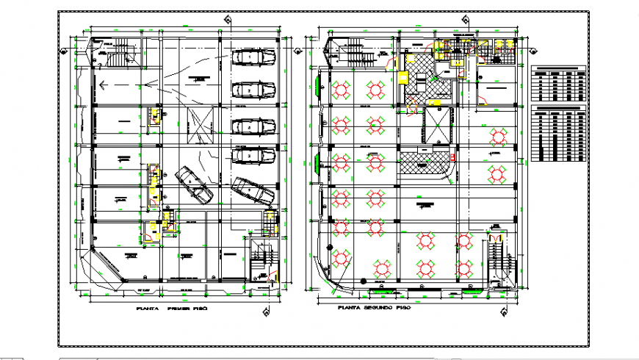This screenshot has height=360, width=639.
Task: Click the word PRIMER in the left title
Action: pos(181,309)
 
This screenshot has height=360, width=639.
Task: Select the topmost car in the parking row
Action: pos(250,58)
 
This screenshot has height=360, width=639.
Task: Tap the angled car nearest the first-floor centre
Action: pos(194,184)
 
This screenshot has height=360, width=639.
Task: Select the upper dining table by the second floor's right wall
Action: pos(498,136)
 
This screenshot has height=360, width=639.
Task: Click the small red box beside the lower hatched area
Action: pos(453,156)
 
